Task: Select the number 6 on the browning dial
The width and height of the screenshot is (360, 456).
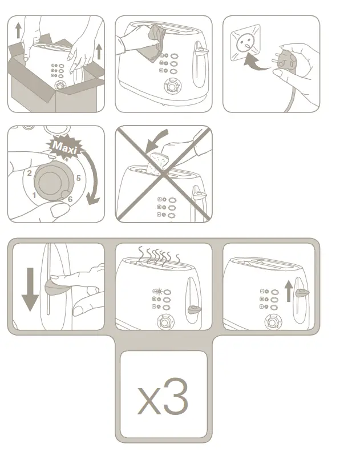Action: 70,199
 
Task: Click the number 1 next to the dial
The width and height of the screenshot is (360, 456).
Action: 34,196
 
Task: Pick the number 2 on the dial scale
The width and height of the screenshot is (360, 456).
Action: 29,172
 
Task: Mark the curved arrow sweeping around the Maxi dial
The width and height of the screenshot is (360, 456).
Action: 91,177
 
